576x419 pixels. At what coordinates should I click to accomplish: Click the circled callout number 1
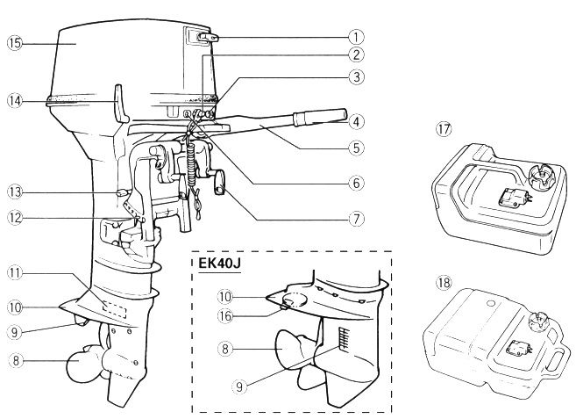click(356, 37)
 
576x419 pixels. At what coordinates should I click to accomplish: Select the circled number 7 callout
click(356, 220)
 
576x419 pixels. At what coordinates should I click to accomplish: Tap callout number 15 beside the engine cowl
click(15, 43)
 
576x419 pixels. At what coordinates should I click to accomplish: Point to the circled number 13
click(15, 192)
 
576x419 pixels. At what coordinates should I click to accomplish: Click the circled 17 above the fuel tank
click(444, 129)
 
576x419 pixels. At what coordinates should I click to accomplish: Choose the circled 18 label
click(444, 283)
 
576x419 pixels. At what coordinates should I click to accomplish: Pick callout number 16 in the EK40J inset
click(225, 315)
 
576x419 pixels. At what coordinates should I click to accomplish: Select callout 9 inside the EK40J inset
click(239, 386)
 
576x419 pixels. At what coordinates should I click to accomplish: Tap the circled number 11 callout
click(15, 273)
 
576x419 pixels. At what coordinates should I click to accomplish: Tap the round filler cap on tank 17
click(542, 173)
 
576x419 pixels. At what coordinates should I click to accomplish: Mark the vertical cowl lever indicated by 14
click(121, 104)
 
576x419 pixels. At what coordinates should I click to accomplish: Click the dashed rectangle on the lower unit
click(115, 311)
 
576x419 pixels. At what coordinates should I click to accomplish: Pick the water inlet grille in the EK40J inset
click(345, 338)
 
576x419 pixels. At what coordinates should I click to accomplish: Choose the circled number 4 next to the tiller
click(356, 122)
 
